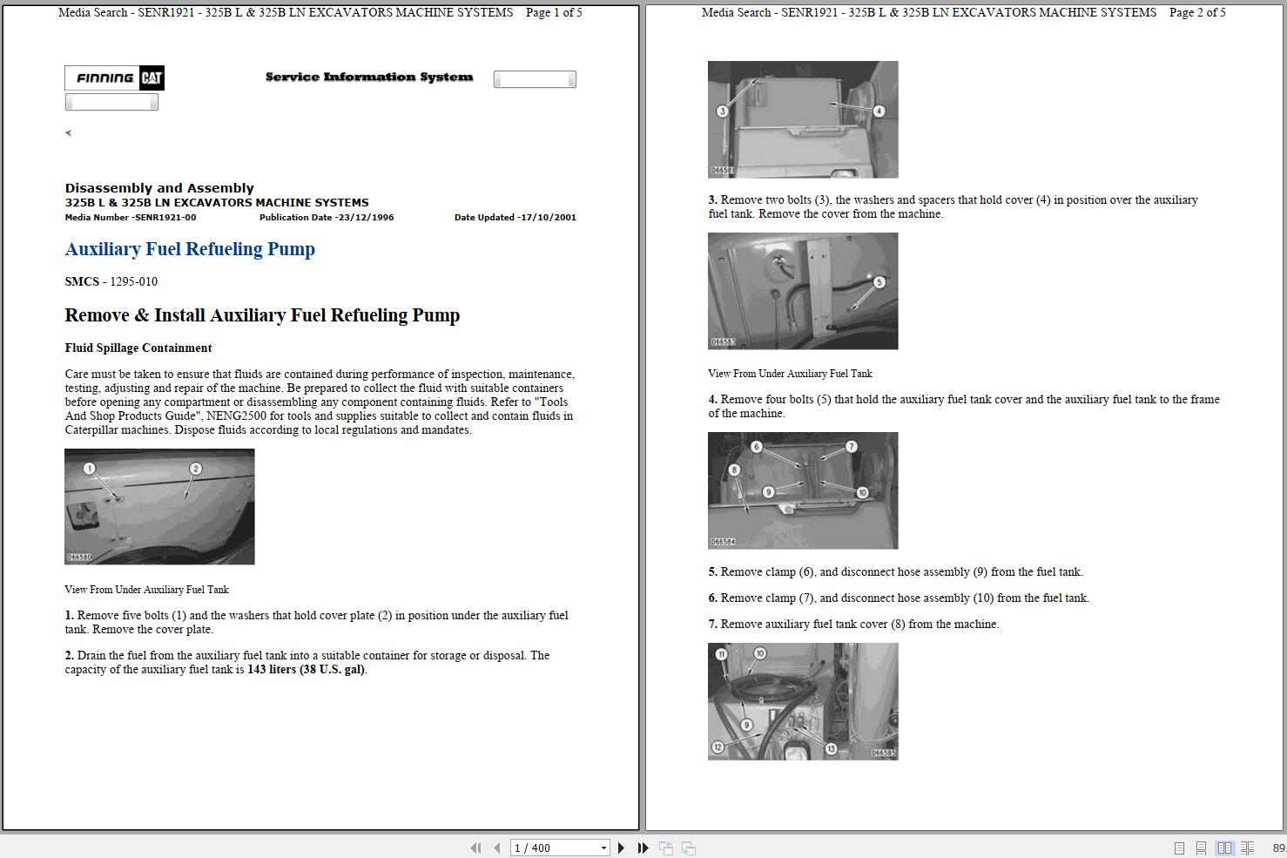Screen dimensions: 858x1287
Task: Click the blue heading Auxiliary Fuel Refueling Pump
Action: coord(190,249)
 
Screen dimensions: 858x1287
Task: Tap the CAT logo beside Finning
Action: coord(152,78)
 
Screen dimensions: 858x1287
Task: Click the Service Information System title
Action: coord(369,77)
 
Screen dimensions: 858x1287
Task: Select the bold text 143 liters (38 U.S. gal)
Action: coord(307,670)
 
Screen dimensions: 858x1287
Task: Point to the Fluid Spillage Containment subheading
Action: coord(138,348)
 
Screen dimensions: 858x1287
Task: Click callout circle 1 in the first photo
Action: coord(89,469)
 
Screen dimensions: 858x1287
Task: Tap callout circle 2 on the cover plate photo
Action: coord(195,469)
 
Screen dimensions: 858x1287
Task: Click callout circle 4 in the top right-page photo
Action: coord(879,111)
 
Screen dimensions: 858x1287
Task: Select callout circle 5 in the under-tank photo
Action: coord(879,282)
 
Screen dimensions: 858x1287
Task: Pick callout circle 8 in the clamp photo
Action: coord(734,470)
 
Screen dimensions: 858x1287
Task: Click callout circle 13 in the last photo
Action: coord(831,749)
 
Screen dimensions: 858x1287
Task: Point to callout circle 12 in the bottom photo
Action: coord(718,747)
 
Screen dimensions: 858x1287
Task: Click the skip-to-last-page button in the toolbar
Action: coord(643,848)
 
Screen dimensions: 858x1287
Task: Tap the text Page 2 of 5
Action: coord(1197,12)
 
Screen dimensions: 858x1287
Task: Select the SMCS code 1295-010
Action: coord(133,281)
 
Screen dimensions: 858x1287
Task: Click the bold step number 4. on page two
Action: coord(712,399)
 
